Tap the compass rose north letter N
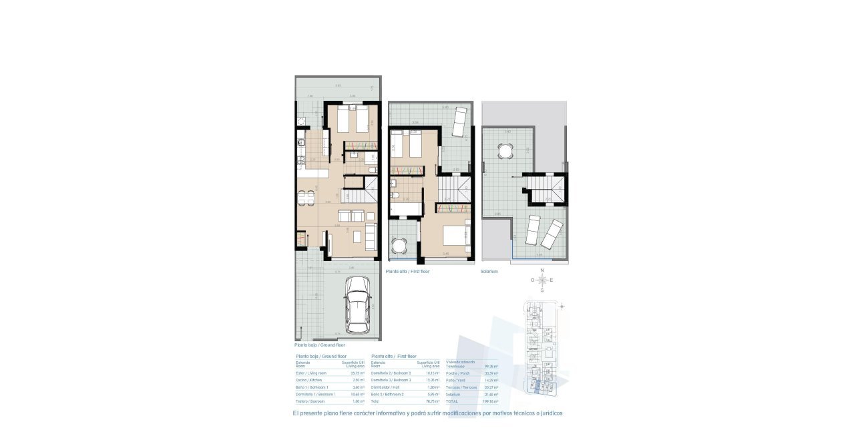pos(543,270)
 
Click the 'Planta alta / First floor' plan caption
pos(408,272)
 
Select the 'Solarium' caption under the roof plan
pos(489,272)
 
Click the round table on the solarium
pos(505,153)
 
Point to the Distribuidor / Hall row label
pos(386,387)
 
